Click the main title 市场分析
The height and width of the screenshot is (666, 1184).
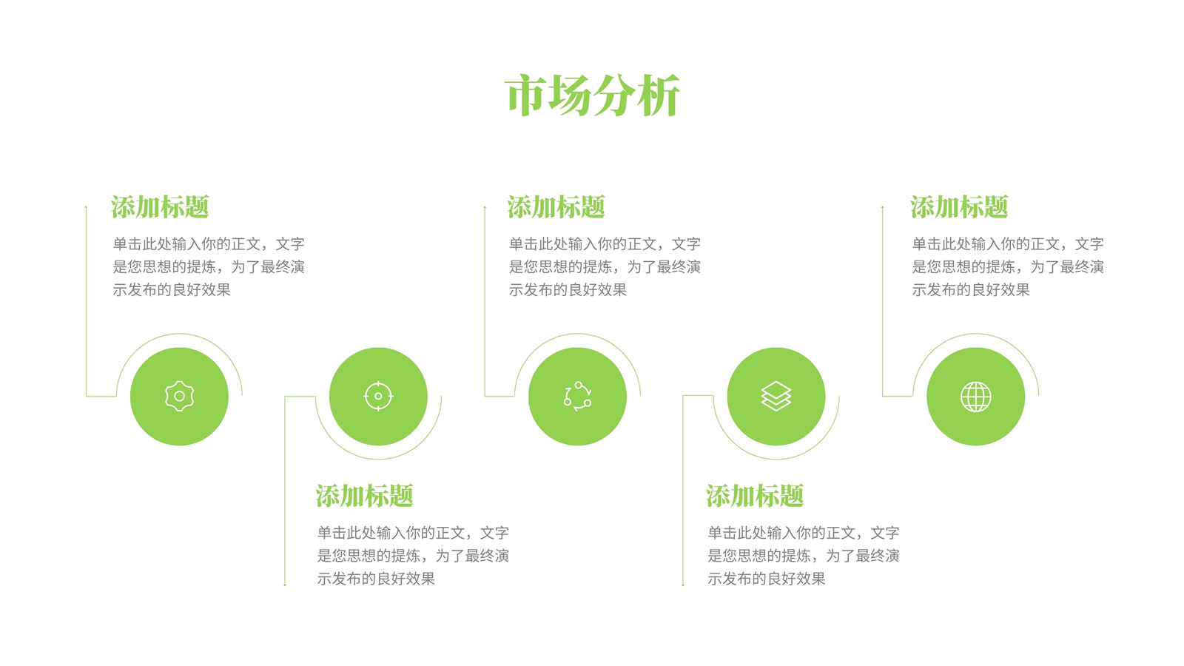point(592,95)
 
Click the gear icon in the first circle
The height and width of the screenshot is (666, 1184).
point(179,396)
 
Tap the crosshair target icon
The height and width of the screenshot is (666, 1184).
point(378,396)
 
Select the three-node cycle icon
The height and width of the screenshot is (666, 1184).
point(577,396)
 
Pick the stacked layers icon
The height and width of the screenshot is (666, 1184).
point(776,396)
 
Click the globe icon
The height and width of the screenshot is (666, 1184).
point(975,397)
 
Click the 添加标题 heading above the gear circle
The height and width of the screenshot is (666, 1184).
point(160,206)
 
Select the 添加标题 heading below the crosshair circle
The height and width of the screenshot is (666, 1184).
point(364,496)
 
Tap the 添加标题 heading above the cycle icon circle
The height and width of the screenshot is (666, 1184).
point(556,206)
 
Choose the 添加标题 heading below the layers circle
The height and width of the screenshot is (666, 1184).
point(755,496)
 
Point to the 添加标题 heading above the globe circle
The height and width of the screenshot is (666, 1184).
point(959,206)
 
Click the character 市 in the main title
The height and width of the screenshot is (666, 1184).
point(526,95)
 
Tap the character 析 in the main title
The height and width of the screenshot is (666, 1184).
point(658,95)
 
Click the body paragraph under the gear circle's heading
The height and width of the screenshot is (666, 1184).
point(208,266)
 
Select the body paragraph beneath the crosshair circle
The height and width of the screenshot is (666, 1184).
point(413,556)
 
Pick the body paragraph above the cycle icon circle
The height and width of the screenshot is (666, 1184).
point(604,266)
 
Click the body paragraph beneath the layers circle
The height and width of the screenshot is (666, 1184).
point(804,556)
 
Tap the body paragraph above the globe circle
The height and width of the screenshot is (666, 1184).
point(1007,266)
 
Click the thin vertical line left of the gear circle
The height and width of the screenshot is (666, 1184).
point(86,301)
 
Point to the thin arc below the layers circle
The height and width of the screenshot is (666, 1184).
point(776,459)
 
